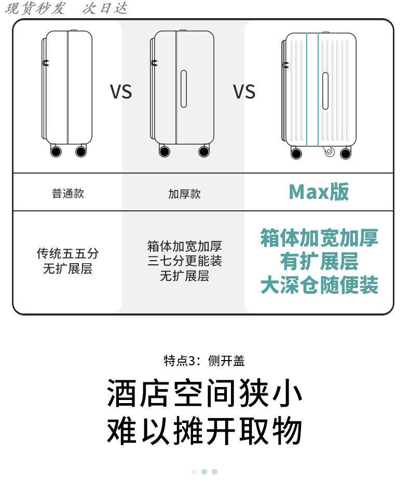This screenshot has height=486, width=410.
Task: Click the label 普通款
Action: point(68,194)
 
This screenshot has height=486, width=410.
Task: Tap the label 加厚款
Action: point(184,194)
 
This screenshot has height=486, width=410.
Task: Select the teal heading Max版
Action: point(319,192)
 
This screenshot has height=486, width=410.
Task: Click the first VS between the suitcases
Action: point(121,92)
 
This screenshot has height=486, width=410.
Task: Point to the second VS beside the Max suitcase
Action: point(244,92)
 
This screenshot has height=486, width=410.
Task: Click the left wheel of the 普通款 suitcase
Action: point(56,151)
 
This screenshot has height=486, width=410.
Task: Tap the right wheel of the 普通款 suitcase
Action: point(81,151)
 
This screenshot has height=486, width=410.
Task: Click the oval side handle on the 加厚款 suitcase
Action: point(183,89)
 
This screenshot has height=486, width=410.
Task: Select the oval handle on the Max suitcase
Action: point(325,91)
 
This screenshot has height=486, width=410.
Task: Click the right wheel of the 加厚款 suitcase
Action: point(204,151)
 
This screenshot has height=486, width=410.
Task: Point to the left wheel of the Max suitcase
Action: point(296,153)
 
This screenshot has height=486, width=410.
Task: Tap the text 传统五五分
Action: point(67,253)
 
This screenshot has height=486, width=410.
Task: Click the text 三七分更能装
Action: point(184,261)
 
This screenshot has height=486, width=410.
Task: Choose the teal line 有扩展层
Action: point(319,262)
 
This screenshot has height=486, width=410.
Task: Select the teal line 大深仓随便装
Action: point(319,285)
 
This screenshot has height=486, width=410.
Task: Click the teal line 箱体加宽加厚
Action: point(319,238)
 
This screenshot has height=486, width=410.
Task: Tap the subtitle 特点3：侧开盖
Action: point(204,361)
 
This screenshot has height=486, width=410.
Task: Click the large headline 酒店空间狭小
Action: point(204,394)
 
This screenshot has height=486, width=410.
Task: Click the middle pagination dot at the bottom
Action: point(204,471)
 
